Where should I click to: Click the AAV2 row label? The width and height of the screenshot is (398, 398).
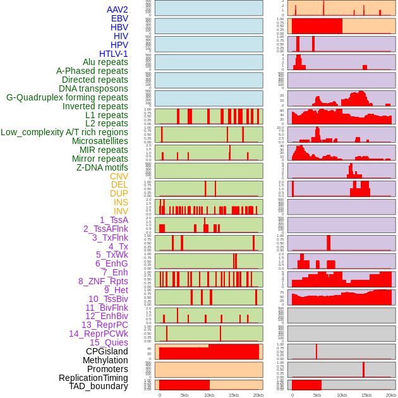pyautogui.click(x=117, y=9)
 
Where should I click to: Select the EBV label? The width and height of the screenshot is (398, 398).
pyautogui.click(x=119, y=18)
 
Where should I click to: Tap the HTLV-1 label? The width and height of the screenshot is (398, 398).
pyautogui.click(x=114, y=54)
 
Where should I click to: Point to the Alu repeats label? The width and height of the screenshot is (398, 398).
pyautogui.click(x=106, y=62)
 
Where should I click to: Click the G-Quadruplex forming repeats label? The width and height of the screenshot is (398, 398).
pyautogui.click(x=67, y=97)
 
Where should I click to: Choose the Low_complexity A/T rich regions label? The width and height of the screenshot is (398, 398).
pyautogui.click(x=64, y=132)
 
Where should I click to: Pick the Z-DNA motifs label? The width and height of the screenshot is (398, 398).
pyautogui.click(x=102, y=167)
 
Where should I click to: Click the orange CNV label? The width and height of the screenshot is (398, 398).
pyautogui.click(x=119, y=176)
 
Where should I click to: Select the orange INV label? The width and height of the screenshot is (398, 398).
pyautogui.click(x=121, y=211)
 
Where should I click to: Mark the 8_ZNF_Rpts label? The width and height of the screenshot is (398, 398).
pyautogui.click(x=103, y=281)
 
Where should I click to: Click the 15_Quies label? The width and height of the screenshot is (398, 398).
pyautogui.click(x=109, y=342)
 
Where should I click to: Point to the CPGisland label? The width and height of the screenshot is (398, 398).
pyautogui.click(x=107, y=351)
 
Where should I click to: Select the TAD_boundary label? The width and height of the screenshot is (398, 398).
pyautogui.click(x=99, y=386)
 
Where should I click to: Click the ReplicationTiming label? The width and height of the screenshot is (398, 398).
pyautogui.click(x=93, y=378)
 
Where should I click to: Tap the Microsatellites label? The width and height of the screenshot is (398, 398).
pyautogui.click(x=100, y=141)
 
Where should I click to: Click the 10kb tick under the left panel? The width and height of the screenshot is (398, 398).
pyautogui.click(x=209, y=395)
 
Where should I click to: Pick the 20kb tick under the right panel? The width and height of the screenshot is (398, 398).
pyautogui.click(x=391, y=395)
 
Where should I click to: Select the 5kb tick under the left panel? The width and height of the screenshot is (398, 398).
pyautogui.click(x=184, y=395)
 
